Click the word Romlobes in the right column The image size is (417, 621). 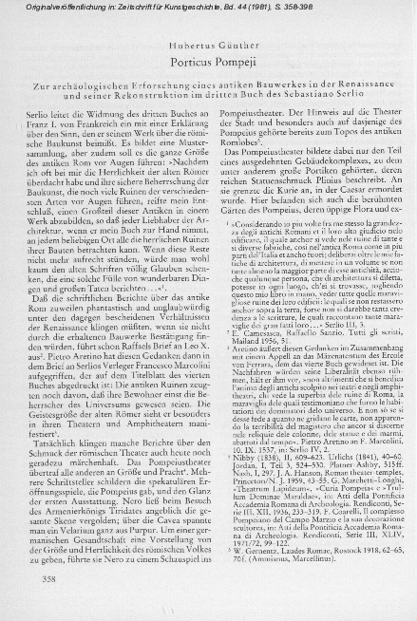coord(229,141)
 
